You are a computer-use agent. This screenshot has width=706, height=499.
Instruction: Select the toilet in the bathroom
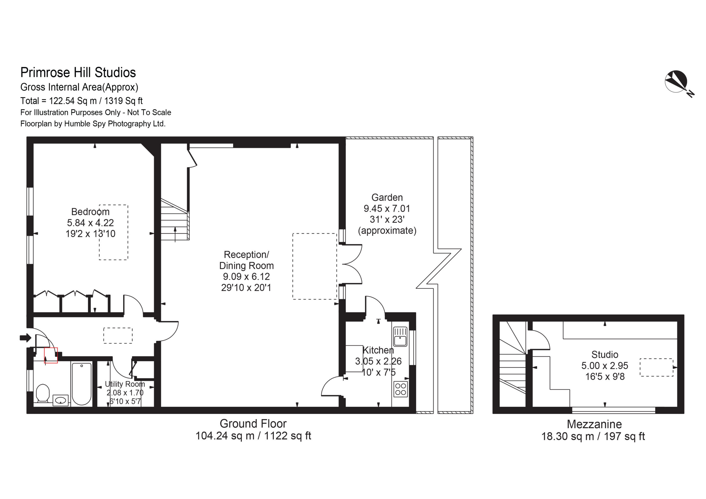point(43,393)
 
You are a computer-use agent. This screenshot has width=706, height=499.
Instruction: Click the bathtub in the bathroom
point(81,384)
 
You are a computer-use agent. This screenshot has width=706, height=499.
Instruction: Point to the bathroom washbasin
point(61,400)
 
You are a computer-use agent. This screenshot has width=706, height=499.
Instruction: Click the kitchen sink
point(400,337)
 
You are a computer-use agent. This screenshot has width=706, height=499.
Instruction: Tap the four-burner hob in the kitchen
point(400,389)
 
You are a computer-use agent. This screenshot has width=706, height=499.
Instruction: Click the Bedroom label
point(90,211)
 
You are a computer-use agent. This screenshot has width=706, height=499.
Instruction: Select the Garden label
point(387,197)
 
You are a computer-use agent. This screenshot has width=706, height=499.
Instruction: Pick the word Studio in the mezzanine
point(605,355)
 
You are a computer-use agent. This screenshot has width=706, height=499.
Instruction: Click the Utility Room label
point(125,384)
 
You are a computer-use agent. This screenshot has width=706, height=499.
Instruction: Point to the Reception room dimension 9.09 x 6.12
point(246,277)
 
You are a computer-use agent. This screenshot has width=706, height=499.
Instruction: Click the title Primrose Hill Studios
point(78,73)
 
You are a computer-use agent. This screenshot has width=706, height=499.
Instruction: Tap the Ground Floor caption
point(253,424)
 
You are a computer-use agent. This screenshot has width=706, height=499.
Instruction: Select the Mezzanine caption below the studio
point(594,424)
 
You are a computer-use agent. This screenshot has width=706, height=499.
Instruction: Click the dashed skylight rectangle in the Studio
point(656,367)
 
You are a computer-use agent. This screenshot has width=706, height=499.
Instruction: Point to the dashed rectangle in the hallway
point(118,336)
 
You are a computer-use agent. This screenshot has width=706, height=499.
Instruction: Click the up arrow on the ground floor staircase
point(175,235)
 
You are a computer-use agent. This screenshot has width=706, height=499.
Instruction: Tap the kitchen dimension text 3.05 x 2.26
point(378,361)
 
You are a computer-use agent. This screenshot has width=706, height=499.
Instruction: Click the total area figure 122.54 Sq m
point(73,101)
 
